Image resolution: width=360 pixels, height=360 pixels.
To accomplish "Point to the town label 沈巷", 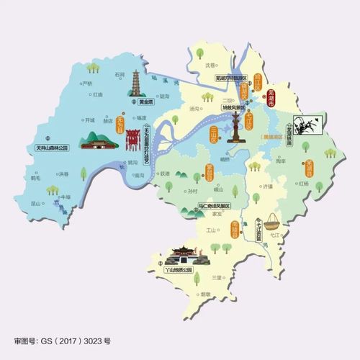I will pyautogui.click(x=210, y=63).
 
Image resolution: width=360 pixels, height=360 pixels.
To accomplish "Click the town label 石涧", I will pyautogui.click(x=120, y=73).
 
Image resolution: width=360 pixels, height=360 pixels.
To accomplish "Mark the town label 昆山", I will pyautogui.click(x=219, y=189).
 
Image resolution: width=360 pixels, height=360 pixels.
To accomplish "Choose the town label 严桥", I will pyautogui.click(x=87, y=84).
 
